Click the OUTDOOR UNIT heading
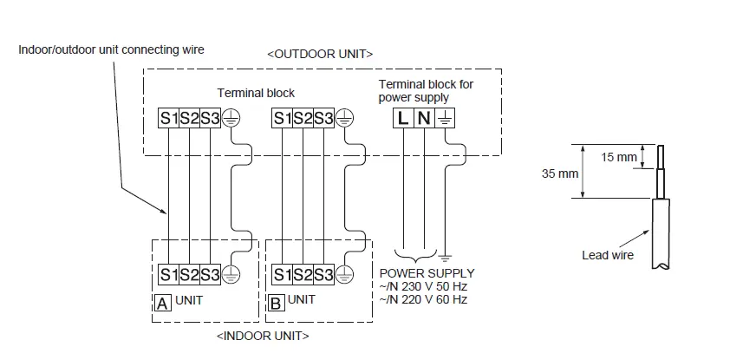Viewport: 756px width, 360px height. tap(320, 54)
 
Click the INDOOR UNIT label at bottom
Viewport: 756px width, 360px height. tap(262, 335)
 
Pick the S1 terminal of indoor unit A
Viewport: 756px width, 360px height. tap(168, 275)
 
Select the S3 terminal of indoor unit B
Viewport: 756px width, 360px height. tap(323, 275)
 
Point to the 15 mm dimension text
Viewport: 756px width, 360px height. tap(618, 157)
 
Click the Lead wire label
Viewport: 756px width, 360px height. tap(608, 255)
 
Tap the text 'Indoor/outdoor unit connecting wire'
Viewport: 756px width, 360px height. tap(111, 49)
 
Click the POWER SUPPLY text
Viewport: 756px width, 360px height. tap(427, 273)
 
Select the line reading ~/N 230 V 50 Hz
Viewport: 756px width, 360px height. tap(424, 286)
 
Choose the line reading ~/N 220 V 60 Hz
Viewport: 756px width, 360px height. tap(424, 299)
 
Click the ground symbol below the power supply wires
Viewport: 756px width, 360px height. tap(444, 258)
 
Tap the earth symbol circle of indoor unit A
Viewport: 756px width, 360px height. tap(231, 275)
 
